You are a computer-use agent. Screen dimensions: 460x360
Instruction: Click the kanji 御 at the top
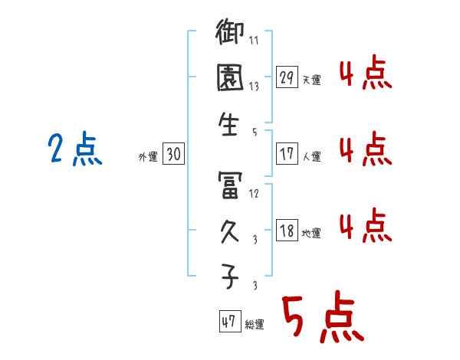230,34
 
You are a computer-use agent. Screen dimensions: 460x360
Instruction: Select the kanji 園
230,79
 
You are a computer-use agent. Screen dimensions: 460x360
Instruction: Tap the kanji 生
230,124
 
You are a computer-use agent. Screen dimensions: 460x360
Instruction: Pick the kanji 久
230,231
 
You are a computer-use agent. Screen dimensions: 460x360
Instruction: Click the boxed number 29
287,77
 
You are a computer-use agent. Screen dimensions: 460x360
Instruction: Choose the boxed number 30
173,154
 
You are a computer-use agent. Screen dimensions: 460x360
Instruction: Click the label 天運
312,80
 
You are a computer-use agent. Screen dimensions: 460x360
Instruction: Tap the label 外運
148,157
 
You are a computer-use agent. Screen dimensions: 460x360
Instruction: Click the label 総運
255,325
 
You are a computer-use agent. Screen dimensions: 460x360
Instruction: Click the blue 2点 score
75,149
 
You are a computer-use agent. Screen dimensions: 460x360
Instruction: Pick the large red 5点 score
322,319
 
